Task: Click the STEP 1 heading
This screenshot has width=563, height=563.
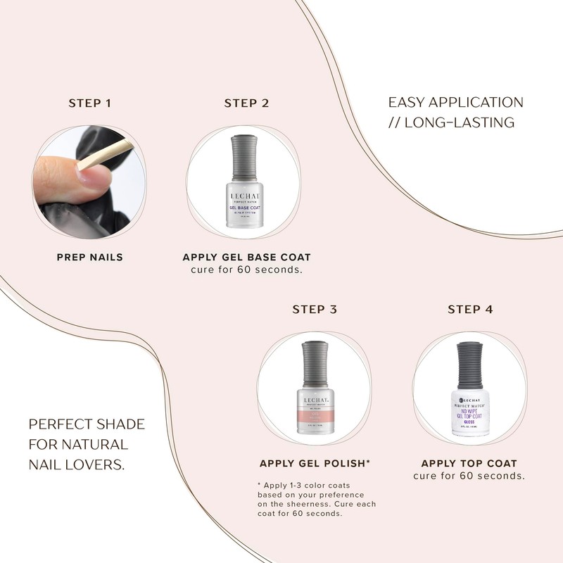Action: pyautogui.click(x=89, y=103)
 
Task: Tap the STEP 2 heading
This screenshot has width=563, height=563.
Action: pyautogui.click(x=246, y=103)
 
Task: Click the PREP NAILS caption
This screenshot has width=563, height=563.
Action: pyautogui.click(x=89, y=257)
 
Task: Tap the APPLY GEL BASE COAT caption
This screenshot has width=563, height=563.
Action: pyautogui.click(x=246, y=257)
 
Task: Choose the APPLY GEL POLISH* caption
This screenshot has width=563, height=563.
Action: pyautogui.click(x=315, y=463)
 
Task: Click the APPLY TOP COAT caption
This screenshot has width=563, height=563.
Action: pyautogui.click(x=469, y=463)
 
